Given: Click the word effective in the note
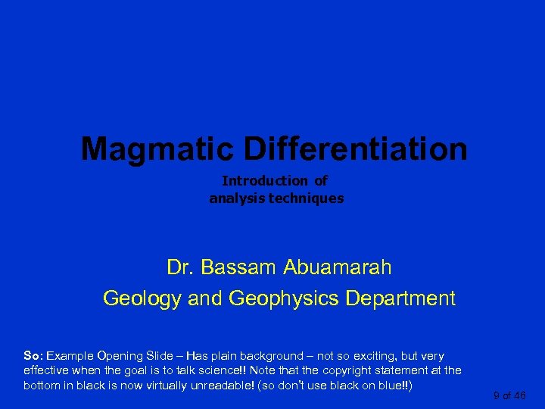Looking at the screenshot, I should point(48,370).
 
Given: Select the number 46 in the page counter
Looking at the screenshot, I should point(519,395).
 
